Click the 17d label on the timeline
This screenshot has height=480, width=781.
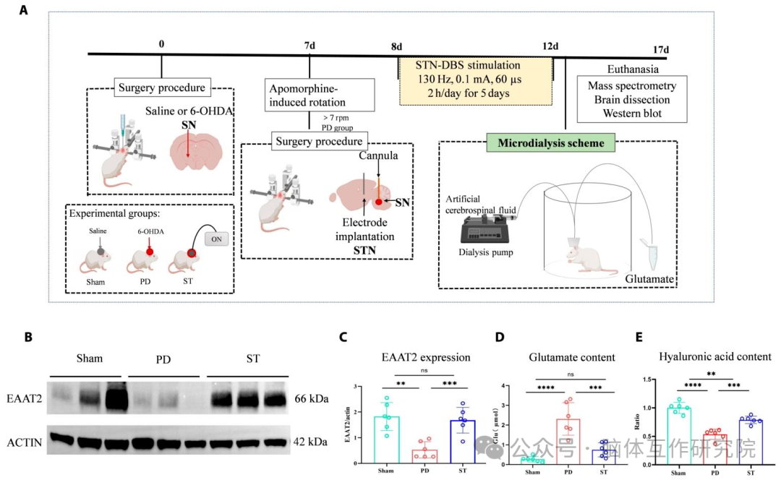[660, 49]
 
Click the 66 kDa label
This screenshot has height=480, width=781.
[312, 398]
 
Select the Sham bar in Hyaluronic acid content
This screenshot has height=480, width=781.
[678, 434]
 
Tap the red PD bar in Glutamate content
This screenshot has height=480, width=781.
[568, 440]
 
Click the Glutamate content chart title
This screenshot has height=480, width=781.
[572, 357]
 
